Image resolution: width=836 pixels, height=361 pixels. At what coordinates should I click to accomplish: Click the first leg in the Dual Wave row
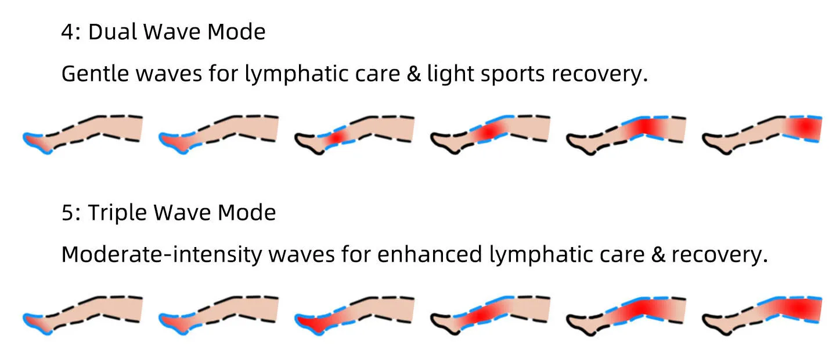coord(82,133)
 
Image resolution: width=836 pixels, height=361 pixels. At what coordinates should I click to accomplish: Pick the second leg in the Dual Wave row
coord(218,133)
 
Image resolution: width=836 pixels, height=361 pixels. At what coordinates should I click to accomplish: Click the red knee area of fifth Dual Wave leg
coord(644,127)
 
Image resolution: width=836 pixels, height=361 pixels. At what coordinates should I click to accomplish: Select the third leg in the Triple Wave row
coord(354,314)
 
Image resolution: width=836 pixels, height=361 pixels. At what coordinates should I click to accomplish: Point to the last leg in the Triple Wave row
coord(762,314)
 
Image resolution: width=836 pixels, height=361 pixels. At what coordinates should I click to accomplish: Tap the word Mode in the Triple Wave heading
coord(247,213)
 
